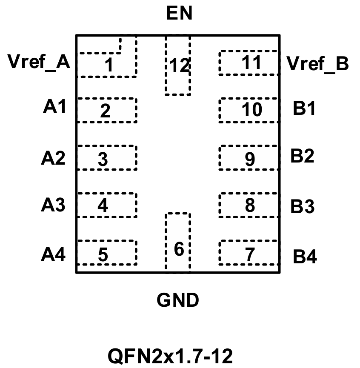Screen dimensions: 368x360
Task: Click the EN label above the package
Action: [x=179, y=14]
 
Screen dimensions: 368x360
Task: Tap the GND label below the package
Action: [x=178, y=301]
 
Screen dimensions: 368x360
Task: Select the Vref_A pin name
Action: [x=39, y=63]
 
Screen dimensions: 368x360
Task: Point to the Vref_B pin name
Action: [x=318, y=64]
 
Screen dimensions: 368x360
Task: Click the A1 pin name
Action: [x=55, y=107]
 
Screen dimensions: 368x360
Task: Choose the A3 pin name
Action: [x=53, y=205]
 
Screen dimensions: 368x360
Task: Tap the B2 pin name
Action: [x=303, y=157]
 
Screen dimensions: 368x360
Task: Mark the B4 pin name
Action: [x=305, y=257]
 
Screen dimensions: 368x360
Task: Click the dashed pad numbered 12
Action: [x=178, y=66]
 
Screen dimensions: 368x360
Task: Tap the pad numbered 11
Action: [x=249, y=63]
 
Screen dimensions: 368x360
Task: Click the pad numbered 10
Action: [x=249, y=110]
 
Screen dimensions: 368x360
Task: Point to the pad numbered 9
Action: [x=249, y=158]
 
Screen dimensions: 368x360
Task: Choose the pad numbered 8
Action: [x=249, y=205]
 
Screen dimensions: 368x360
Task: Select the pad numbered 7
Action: [x=249, y=254]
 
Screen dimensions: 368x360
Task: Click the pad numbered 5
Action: [x=106, y=254]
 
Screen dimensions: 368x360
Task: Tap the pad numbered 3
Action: [x=106, y=158]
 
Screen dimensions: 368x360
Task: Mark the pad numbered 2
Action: [x=106, y=111]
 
